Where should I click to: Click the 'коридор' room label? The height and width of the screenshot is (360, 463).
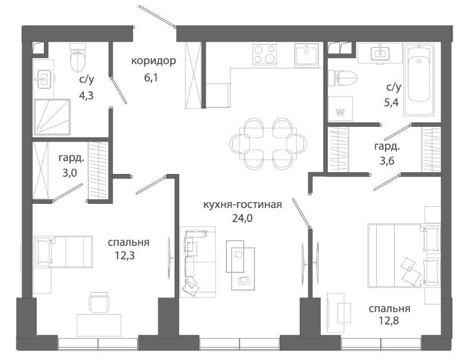tap(153, 61)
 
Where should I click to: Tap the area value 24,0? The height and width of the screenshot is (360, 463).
tap(242, 218)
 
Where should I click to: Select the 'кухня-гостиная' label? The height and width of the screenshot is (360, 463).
tap(242, 204)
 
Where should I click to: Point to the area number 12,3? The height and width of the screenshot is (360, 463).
tap(125, 255)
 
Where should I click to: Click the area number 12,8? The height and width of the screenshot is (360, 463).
tap(389, 320)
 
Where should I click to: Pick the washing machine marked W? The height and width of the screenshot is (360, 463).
tap(341, 109)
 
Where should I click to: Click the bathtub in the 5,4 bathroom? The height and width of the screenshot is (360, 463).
tap(419, 79)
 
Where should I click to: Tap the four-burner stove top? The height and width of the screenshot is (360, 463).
tap(264, 54)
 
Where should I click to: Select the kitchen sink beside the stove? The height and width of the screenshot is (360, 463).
tap(307, 55)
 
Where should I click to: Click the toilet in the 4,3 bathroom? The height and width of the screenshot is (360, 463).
tap(78, 58)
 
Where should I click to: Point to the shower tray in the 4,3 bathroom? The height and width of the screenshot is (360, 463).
tap(52, 117)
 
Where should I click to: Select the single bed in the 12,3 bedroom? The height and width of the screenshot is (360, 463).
tap(63, 251)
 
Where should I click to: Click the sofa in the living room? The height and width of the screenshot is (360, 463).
tap(198, 262)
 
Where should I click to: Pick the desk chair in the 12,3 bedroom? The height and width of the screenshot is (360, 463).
tap(99, 302)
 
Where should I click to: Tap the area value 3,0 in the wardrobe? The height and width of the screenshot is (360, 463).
tap(70, 172)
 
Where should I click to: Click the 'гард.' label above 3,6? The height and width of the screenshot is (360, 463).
tap(387, 146)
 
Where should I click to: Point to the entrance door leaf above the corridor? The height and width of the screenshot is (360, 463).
tap(157, 16)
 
